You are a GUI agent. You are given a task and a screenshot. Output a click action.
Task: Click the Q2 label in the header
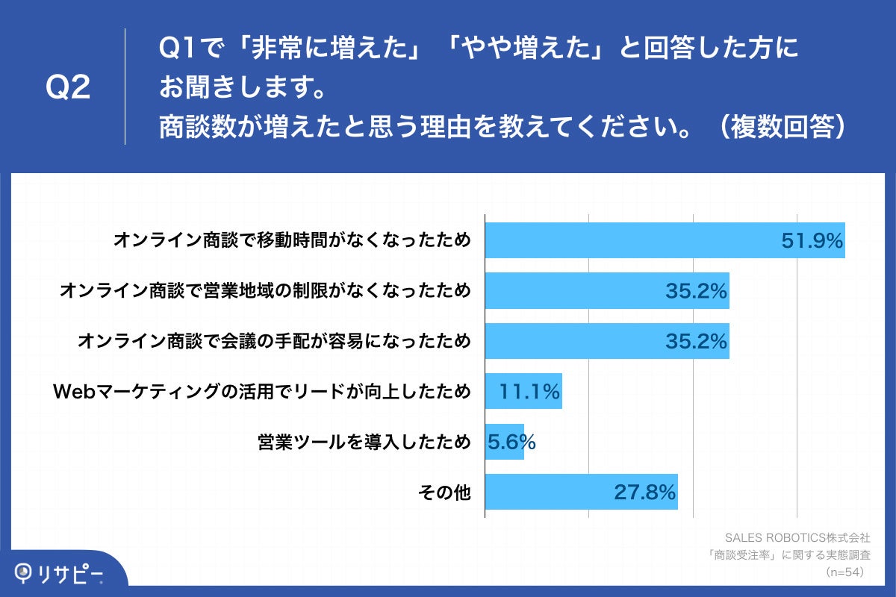point(68,88)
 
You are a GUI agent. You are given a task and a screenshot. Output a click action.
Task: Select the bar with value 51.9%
point(665,240)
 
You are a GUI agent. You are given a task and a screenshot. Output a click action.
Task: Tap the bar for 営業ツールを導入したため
point(504,442)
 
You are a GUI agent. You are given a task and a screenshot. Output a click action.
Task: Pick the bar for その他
point(581,492)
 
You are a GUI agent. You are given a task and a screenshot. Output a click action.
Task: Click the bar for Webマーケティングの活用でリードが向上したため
point(523,391)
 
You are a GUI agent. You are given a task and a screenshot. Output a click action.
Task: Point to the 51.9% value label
point(812,240)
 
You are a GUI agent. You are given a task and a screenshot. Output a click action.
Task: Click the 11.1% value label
point(530,391)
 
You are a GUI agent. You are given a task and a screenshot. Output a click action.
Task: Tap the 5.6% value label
point(511,442)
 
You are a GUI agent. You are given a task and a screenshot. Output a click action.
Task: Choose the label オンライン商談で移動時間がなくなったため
point(292,240)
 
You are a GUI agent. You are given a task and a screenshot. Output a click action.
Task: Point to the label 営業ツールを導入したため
point(364,442)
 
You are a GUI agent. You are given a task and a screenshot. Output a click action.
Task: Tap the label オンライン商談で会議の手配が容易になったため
point(274,341)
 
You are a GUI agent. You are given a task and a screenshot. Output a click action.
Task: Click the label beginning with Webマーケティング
point(261,391)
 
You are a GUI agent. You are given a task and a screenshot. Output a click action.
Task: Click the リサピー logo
point(60,572)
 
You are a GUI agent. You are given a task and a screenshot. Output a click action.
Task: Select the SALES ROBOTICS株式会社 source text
point(797,537)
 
